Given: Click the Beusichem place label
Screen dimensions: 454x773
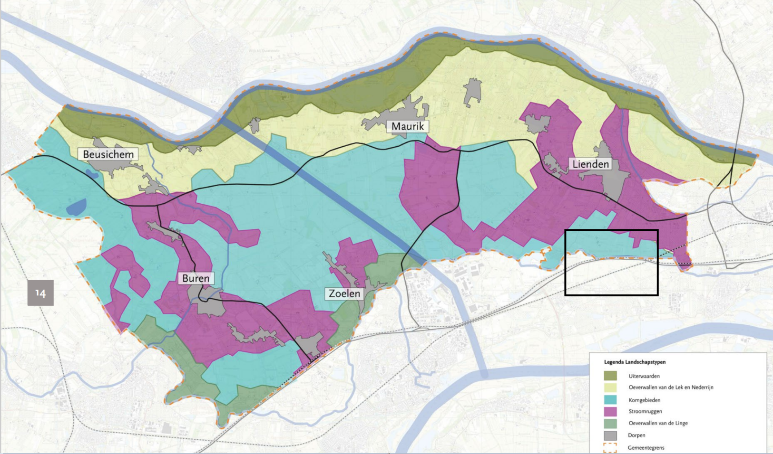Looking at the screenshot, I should tap(108, 154).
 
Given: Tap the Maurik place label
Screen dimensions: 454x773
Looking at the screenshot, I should tap(408, 126).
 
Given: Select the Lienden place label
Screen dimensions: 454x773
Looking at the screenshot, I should tap(590, 164).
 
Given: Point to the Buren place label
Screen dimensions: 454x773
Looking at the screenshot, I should tap(196, 278).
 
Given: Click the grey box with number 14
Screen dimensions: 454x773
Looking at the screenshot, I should tap(40, 293).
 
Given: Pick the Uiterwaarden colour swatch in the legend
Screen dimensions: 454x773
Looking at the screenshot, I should tap(610, 376).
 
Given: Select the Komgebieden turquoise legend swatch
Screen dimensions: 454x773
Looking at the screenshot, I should tap(610, 400).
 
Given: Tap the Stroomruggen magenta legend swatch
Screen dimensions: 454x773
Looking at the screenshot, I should tap(610, 411).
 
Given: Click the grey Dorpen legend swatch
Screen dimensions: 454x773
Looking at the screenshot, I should tap(610, 435).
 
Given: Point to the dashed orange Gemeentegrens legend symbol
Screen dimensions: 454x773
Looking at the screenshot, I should tap(610, 447).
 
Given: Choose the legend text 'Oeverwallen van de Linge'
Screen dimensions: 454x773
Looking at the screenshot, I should tap(658, 423).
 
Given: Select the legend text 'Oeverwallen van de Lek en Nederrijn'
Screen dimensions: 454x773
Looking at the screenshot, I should tap(671, 388).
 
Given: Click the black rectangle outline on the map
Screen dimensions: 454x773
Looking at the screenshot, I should tap(611, 230).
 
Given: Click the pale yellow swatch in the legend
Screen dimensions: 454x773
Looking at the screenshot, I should tap(610, 388).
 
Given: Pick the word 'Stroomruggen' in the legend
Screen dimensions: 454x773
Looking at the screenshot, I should tap(645, 411).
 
